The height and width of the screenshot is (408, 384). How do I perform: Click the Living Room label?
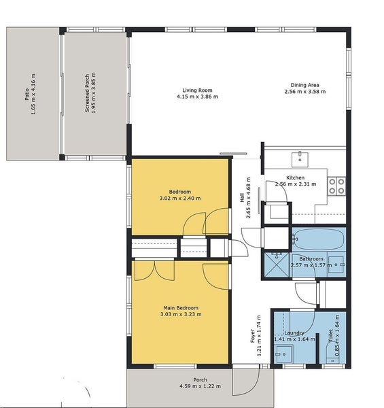click(x=197, y=90)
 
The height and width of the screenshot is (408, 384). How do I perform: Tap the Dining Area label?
click(x=304, y=85)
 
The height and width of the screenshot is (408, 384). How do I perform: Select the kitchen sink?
click(x=300, y=160)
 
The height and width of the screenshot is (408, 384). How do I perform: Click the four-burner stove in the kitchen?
click(x=336, y=186)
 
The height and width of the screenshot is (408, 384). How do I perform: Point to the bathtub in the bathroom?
click(x=319, y=239)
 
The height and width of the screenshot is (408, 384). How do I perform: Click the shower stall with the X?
click(x=277, y=265)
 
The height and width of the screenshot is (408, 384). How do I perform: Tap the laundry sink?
click(x=284, y=354)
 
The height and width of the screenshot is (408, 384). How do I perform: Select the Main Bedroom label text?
click(x=181, y=308)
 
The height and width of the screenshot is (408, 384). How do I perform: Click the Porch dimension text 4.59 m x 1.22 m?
click(x=200, y=386)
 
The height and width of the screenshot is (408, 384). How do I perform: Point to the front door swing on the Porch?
click(x=246, y=382)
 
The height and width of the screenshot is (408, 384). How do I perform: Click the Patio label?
click(x=27, y=95)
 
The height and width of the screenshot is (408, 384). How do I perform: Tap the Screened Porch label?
click(x=87, y=93)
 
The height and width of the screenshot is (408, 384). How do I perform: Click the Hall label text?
click(x=242, y=197)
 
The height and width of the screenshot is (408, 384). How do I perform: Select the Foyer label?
click(x=252, y=336)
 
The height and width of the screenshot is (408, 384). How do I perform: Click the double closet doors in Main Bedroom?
click(x=154, y=271)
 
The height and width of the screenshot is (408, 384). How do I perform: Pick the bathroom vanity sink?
click(x=336, y=265)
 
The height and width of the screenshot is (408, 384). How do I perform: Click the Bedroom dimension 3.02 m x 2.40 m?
click(x=180, y=199)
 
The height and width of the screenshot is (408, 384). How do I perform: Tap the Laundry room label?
click(x=294, y=333)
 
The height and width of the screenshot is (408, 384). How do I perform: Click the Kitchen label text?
click(x=296, y=177)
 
